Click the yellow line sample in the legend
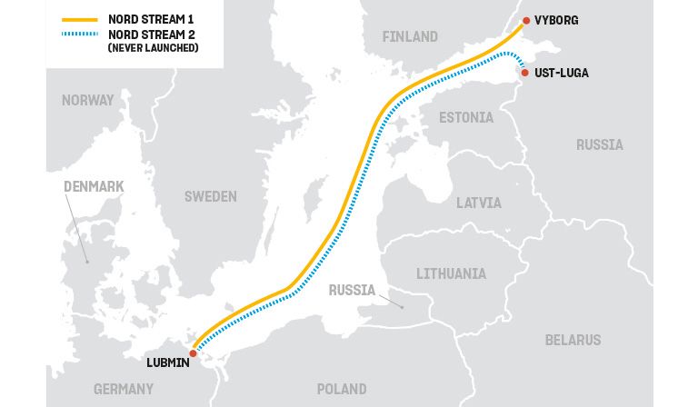point(79,19)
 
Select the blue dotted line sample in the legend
point(79,35)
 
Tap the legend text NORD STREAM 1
point(149,19)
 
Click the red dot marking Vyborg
point(525,20)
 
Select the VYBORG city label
point(556,20)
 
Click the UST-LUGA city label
point(562,73)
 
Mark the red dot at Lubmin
point(193,353)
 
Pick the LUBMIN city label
point(168,363)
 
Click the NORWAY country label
point(88,101)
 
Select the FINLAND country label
point(410,37)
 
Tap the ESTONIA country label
point(466,118)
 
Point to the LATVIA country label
point(478,203)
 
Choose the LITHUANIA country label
point(451,273)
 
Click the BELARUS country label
point(573,340)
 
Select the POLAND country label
point(342,389)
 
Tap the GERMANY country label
point(124,389)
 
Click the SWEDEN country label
point(210,196)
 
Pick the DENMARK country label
point(94,186)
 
